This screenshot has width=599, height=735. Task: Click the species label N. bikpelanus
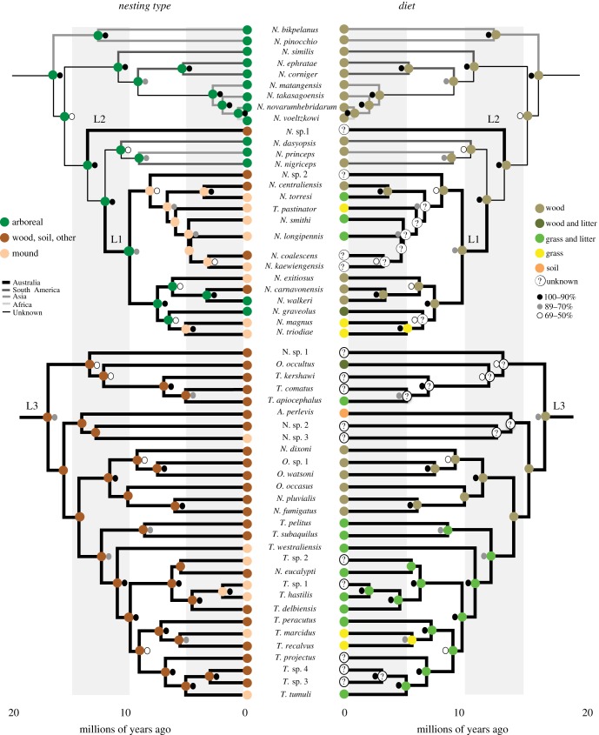tap(295, 29)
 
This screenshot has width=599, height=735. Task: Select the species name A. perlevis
tap(296, 411)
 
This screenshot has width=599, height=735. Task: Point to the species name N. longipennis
tap(296, 236)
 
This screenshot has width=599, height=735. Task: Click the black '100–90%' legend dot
tap(541, 321)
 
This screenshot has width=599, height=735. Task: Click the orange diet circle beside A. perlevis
tap(344, 411)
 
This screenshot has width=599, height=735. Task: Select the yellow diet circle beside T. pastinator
tap(344, 210)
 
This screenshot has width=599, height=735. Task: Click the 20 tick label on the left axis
tap(14, 714)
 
